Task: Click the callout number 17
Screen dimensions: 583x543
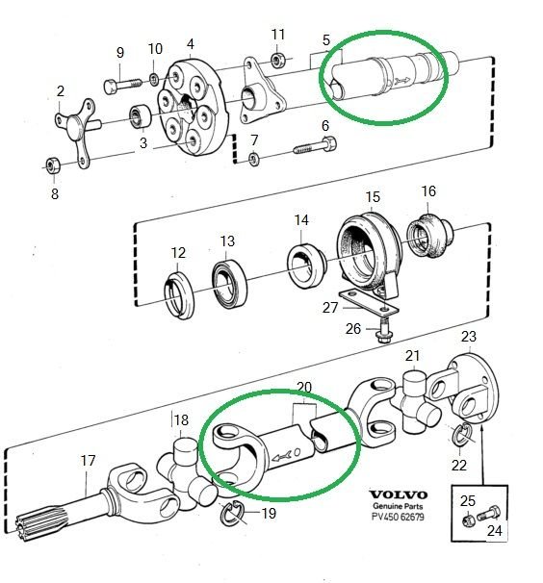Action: [88, 461]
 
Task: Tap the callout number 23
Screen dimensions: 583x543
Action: [469, 337]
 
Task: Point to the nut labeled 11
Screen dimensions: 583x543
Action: [278, 60]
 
